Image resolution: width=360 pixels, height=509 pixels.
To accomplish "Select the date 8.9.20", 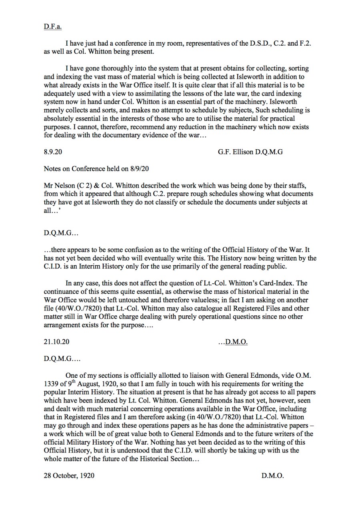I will pyautogui.click(x=52, y=152).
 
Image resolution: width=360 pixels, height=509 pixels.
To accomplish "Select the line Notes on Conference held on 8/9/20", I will pyautogui.click(x=96, y=169).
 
